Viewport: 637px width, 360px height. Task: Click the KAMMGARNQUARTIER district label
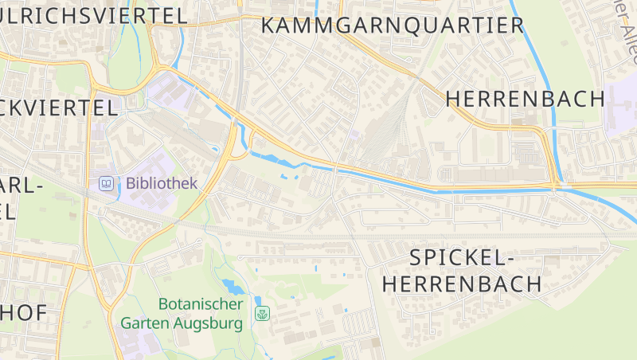pos(393,25)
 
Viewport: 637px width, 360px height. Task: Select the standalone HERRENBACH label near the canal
pos(526,99)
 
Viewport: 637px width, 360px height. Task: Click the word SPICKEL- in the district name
pos(459,257)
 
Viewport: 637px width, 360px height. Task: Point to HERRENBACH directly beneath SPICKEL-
pos(462,284)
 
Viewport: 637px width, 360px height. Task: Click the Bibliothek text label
pos(161,183)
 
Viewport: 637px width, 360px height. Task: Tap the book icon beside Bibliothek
pos(106,184)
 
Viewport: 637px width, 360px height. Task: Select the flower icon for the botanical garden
pos(261,314)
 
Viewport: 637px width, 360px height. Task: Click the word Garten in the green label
pos(145,324)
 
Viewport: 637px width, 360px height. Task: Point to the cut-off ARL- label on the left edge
pos(21,186)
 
